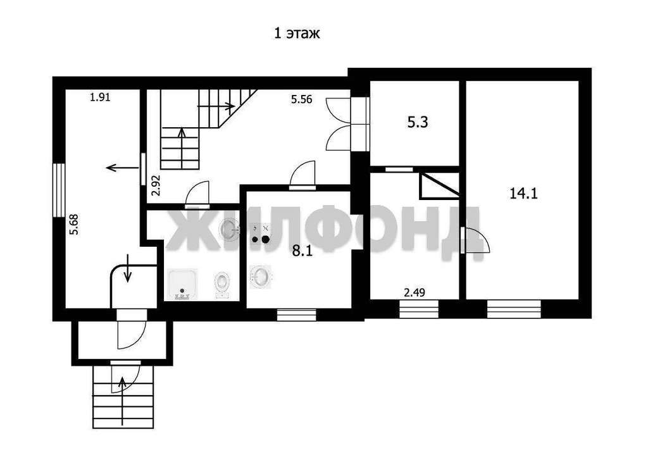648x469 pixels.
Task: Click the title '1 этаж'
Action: (x=297, y=33)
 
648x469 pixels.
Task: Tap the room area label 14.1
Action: (x=523, y=194)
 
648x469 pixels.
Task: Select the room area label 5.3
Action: (x=418, y=123)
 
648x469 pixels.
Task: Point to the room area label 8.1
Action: (x=302, y=251)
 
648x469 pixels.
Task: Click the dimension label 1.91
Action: (x=101, y=98)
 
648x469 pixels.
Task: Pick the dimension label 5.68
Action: (x=74, y=225)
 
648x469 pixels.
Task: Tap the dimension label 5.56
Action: (x=301, y=99)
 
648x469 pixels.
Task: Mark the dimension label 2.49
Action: (x=414, y=293)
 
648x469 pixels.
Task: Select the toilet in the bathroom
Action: (x=222, y=284)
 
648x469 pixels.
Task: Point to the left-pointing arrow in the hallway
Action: (x=122, y=167)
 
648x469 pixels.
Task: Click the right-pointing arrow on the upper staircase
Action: (x=216, y=106)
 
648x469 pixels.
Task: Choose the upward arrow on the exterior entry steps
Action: (x=122, y=401)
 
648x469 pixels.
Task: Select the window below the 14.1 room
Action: (x=514, y=309)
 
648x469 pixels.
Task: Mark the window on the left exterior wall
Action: (x=59, y=190)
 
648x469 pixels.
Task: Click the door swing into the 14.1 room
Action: (x=475, y=240)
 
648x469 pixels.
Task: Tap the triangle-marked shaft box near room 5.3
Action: (x=440, y=185)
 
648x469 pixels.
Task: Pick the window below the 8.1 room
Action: (x=296, y=315)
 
